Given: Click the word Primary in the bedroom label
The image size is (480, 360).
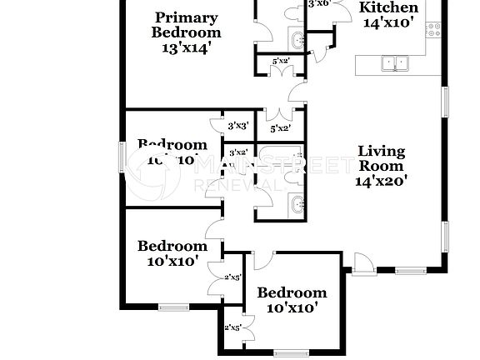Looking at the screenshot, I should coord(187,17).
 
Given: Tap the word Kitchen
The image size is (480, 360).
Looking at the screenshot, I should coord(388,7).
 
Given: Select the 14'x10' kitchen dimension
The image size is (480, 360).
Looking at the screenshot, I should coord(388,23).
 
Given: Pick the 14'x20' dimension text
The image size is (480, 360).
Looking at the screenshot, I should coord(382,181).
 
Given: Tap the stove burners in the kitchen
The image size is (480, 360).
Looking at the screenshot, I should coord(433,30).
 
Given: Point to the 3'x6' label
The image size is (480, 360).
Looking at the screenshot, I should coord(320,3).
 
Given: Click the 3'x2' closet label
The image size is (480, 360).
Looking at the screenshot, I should coord(238,152).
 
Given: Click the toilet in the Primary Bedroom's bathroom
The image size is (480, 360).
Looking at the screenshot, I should coord(294,12).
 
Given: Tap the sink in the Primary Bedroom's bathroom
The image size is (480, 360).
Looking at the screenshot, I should coord(297,39).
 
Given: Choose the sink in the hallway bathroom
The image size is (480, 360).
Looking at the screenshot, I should coord(297,203).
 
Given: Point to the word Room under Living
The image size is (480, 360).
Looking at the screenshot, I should coord(382,166).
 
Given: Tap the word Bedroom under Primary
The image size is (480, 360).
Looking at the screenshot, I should coord(187,32).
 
